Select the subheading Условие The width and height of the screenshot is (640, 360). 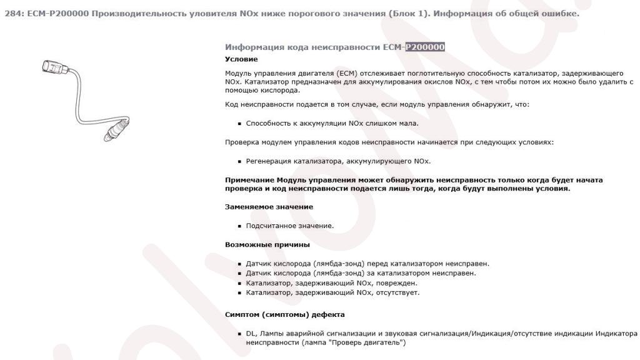(241, 59)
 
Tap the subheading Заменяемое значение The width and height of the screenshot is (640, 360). (269, 207)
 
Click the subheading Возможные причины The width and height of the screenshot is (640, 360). (267, 244)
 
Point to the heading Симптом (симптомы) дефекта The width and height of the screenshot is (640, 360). (284, 314)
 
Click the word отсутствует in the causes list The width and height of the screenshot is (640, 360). (397, 292)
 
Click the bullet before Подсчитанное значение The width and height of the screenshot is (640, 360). (239, 226)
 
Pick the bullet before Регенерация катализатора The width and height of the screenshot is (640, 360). (239, 161)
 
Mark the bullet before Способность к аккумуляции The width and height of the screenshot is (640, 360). (239, 124)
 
